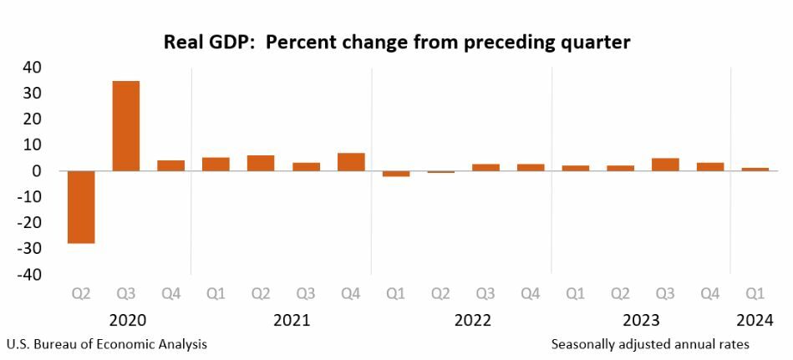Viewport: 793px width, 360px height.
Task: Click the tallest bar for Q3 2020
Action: tap(125, 125)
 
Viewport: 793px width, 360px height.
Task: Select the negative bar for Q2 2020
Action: tap(80, 207)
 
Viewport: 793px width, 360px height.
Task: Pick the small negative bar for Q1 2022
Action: tap(396, 174)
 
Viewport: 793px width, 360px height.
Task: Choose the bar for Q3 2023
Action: tap(665, 165)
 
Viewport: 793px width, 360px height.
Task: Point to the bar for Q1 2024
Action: tap(755, 169)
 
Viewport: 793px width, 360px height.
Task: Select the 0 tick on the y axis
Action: tap(38, 170)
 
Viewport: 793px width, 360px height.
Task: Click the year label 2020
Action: tap(127, 320)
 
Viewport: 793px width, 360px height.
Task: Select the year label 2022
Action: tap(473, 320)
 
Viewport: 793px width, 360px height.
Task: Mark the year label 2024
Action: tap(755, 320)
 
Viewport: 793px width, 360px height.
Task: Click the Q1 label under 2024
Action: tap(755, 294)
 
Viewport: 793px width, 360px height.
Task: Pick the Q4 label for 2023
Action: tap(710, 294)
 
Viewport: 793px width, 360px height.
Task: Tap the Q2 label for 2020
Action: tap(80, 294)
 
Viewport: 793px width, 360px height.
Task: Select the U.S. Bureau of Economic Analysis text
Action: tap(107, 344)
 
